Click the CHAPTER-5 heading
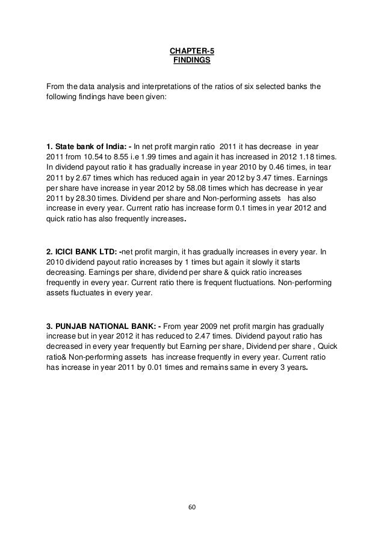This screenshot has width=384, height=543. click(x=191, y=51)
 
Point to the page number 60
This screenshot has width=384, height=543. click(x=192, y=506)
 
